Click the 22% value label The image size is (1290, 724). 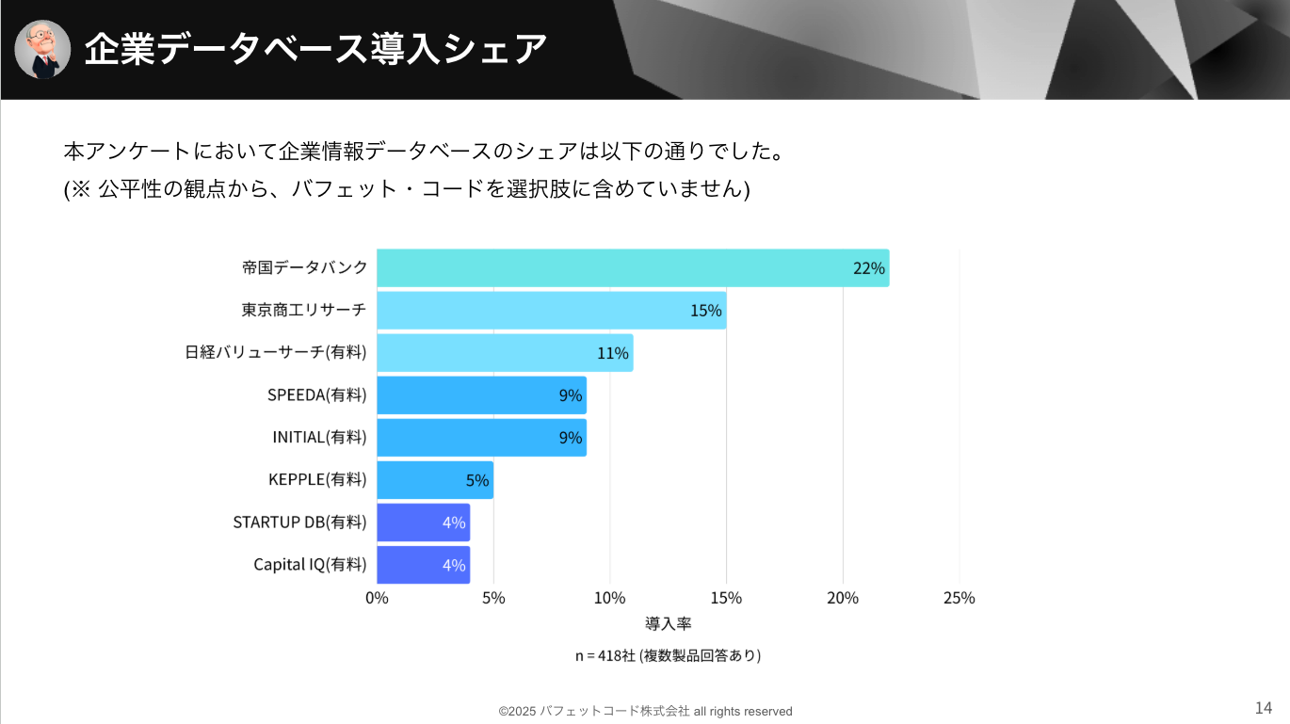[868, 268]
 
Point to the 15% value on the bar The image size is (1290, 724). [705, 311]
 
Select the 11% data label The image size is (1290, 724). [612, 353]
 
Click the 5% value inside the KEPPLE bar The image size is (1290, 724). [477, 480]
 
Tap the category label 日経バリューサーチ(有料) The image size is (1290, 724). [275, 353]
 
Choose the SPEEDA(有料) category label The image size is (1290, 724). [316, 395]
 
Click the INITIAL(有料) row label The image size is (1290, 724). [318, 438]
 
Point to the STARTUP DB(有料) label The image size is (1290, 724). [299, 523]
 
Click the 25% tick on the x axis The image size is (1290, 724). [959, 598]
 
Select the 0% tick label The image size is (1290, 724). [377, 598]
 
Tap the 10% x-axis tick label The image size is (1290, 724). [609, 598]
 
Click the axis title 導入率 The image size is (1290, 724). [668, 623]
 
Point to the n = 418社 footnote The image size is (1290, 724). [668, 655]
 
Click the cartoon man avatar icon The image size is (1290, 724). [43, 49]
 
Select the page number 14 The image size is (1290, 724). [1263, 708]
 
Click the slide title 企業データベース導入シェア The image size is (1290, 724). [315, 49]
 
